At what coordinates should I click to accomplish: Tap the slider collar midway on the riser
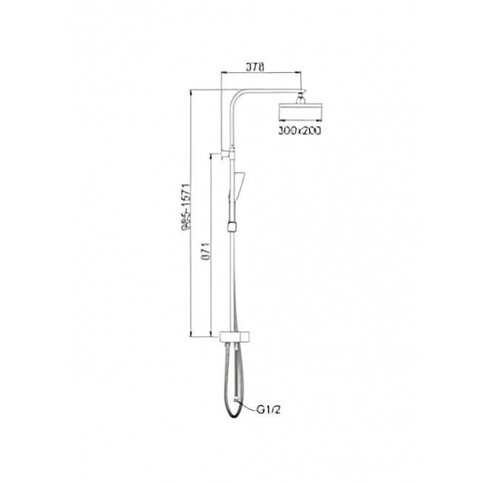click(231, 226)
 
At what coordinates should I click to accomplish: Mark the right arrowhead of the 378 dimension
click(303, 75)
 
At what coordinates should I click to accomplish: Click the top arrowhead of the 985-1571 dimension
click(191, 90)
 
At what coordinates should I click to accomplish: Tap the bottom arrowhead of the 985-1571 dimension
click(191, 335)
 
